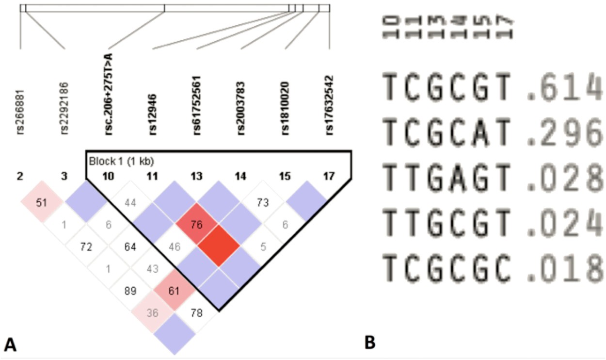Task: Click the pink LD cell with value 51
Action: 42,202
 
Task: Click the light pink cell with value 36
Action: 152,312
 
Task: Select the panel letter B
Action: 370,343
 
